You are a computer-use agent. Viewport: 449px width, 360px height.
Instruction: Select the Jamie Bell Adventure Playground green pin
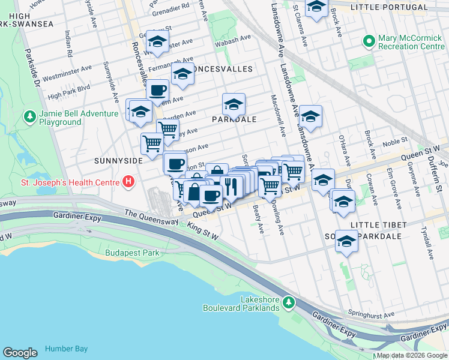click(28, 116)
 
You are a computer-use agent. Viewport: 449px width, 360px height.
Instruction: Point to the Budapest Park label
click(132, 253)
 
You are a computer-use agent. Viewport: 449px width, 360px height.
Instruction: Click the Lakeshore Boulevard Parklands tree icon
click(289, 300)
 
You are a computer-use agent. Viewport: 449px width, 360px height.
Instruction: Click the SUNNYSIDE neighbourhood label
click(118, 161)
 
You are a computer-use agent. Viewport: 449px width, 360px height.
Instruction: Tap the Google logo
click(20, 353)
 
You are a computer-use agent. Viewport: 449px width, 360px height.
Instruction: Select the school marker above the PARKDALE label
click(234, 106)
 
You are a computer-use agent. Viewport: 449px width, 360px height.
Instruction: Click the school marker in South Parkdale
click(346, 242)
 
